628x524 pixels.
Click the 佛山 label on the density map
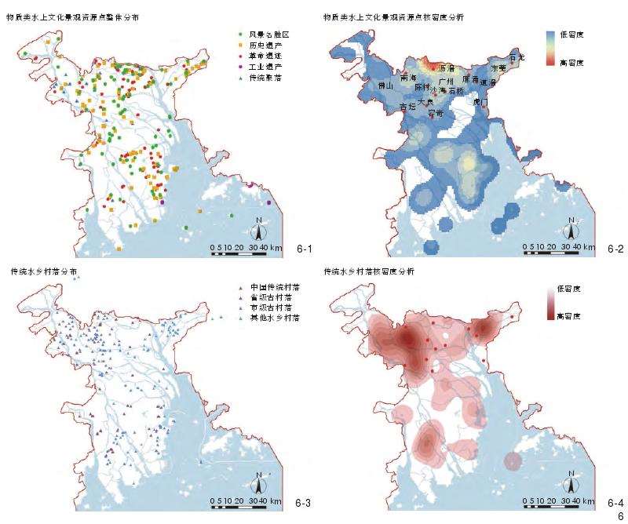[x=385, y=85]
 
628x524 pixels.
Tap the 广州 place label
[x=446, y=80]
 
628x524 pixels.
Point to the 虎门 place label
[x=480, y=102]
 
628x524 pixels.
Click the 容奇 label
[x=436, y=113]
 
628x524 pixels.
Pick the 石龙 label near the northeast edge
[x=517, y=57]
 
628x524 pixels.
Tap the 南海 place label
[x=407, y=78]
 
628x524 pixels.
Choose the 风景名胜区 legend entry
[x=266, y=35]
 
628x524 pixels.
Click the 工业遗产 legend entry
[x=266, y=67]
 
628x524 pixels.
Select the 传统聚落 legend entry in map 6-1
[x=266, y=78]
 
